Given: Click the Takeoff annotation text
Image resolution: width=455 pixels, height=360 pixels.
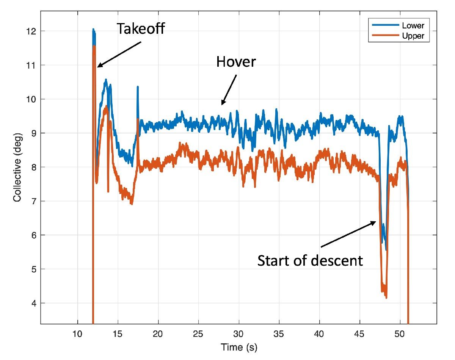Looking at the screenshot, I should [141, 29].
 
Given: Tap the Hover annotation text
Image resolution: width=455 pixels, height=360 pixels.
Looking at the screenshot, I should [236, 61].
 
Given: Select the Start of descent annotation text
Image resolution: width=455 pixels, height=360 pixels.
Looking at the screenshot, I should [310, 260].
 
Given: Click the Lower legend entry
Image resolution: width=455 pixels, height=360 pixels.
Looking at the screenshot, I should [414, 26].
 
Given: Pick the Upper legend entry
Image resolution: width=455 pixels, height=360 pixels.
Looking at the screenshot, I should [414, 36].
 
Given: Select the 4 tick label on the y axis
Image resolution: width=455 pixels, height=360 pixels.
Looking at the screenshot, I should [33, 303].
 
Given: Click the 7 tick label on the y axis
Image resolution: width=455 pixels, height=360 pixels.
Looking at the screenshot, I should [33, 201].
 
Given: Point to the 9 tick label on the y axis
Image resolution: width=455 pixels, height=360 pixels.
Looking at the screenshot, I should [33, 133].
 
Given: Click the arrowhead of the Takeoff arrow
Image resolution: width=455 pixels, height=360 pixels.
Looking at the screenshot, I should [98, 67].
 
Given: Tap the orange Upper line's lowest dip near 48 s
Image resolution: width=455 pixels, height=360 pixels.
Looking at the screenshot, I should [386, 297].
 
